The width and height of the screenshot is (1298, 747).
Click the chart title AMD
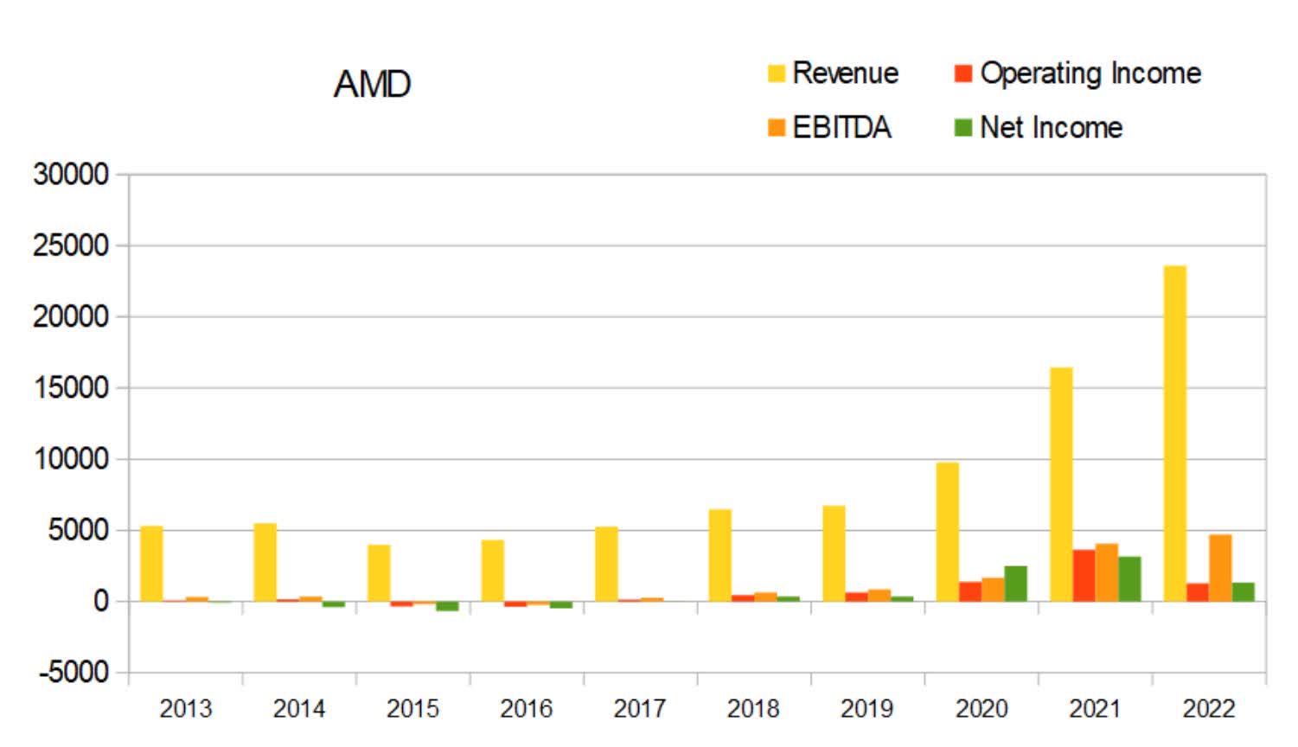372,85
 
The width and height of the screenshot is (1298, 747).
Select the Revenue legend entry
834,73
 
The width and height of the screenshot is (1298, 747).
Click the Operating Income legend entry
1078,73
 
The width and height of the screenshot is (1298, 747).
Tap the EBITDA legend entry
829,128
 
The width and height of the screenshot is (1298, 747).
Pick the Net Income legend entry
1039,128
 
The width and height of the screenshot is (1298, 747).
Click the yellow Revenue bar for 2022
1174,433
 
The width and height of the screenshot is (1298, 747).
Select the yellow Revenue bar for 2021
1061,484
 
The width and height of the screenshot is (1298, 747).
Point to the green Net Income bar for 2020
1015,584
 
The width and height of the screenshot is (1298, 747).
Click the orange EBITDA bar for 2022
1220,568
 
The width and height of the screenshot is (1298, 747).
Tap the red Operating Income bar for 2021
1084,575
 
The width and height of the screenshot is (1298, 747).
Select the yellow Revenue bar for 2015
379,572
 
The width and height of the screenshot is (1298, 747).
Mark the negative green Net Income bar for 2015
447,606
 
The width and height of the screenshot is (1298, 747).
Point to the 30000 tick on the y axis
71,175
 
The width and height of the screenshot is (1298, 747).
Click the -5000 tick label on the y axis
74,672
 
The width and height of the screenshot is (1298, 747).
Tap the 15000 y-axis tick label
71,388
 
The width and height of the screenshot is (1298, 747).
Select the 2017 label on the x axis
639,709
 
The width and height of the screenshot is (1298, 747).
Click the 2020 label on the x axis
981,709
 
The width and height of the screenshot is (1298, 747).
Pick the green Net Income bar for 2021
1129,578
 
